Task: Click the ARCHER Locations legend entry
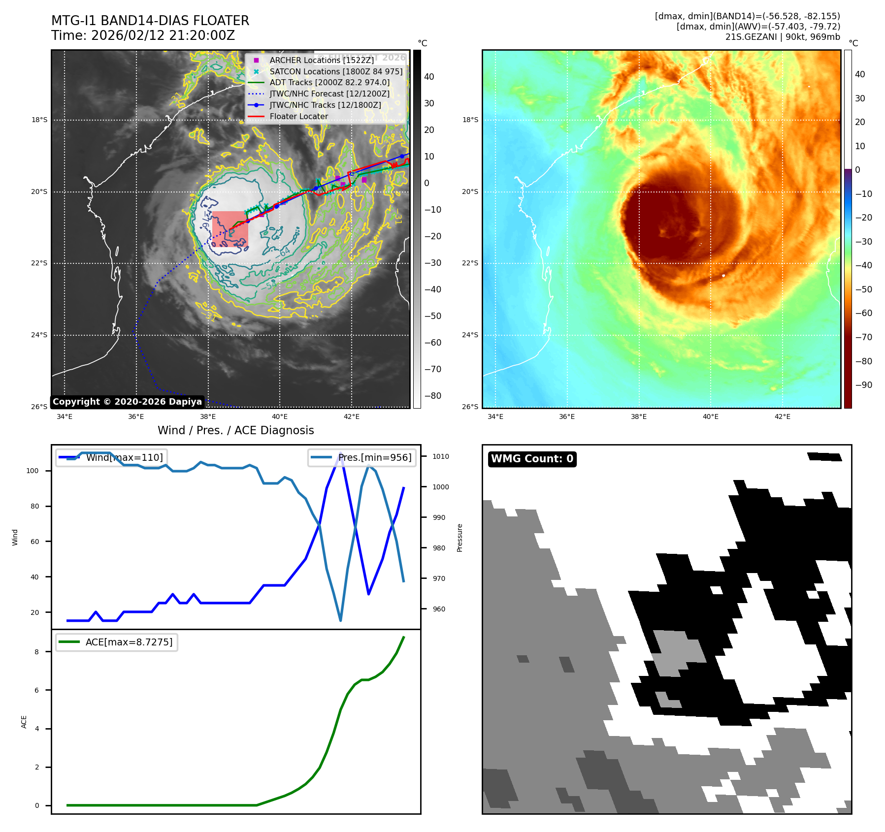[322, 60]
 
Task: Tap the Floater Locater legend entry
[298, 116]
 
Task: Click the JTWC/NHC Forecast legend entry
[329, 94]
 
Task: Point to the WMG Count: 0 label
[532, 459]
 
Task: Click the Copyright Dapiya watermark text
[127, 402]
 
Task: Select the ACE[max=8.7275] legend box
[117, 642]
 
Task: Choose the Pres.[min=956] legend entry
[374, 457]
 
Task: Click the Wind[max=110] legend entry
[124, 457]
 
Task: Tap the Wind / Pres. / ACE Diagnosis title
[235, 430]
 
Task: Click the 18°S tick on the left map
[39, 120]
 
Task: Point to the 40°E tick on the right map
[710, 416]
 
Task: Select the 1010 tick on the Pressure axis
[440, 456]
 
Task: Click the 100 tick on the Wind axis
[32, 471]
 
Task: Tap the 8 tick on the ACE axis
[36, 652]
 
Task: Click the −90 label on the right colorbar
[863, 385]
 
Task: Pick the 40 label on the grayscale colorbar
[429, 77]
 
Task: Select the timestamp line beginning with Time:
[143, 36]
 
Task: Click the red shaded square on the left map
[230, 229]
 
